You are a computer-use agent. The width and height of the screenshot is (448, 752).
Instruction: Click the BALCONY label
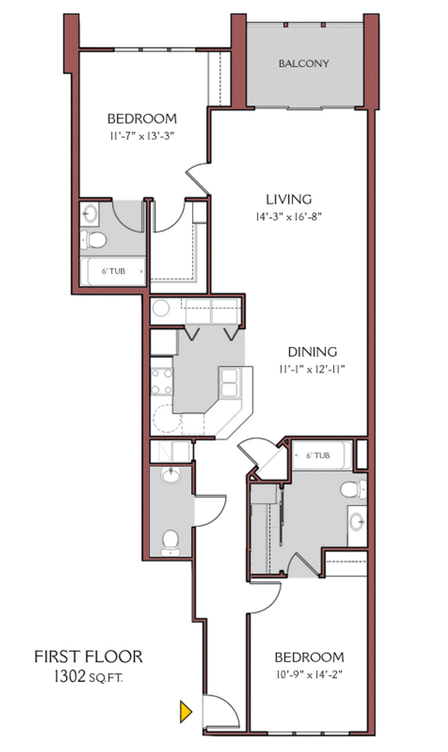pos(303,63)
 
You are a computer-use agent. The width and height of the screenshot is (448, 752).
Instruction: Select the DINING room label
pos(313,352)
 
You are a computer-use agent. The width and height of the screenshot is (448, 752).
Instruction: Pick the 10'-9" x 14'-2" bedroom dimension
pos(309,674)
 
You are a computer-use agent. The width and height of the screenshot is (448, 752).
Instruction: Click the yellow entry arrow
pos(185,711)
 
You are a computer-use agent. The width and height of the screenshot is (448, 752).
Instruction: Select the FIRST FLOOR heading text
pos(88,656)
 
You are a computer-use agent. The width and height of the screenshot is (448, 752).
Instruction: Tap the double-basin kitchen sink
pos(230,382)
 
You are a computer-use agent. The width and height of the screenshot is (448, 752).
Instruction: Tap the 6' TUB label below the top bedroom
pos(112,271)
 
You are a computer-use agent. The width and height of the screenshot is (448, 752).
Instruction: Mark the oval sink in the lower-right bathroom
pos(357,519)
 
